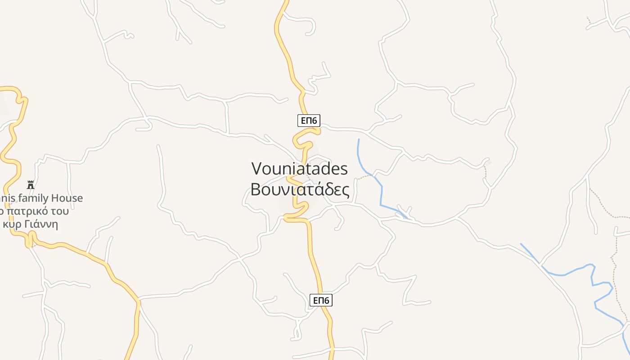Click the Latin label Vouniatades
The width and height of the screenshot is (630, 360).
(300, 169)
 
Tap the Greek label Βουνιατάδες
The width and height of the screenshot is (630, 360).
(300, 189)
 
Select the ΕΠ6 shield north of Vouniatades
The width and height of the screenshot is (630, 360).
(309, 120)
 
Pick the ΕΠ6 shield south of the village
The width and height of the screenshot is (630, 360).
(321, 300)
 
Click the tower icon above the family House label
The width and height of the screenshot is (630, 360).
(31, 184)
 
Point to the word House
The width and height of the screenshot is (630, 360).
(67, 198)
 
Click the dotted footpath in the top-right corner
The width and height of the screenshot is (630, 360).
(589, 20)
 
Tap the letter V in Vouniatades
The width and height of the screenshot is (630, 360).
(256, 169)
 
